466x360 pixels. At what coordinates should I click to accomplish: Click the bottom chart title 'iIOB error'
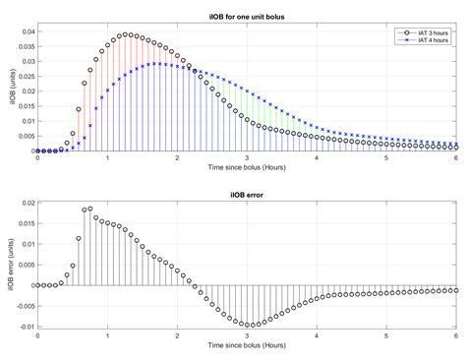point(248,194)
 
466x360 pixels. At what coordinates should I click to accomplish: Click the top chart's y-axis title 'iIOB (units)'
point(7,89)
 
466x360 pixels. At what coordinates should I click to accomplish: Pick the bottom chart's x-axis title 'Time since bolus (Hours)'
point(248,351)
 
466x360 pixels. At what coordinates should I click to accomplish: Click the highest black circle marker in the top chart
point(125,34)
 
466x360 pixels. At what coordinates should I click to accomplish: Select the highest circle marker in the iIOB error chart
point(89,209)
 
